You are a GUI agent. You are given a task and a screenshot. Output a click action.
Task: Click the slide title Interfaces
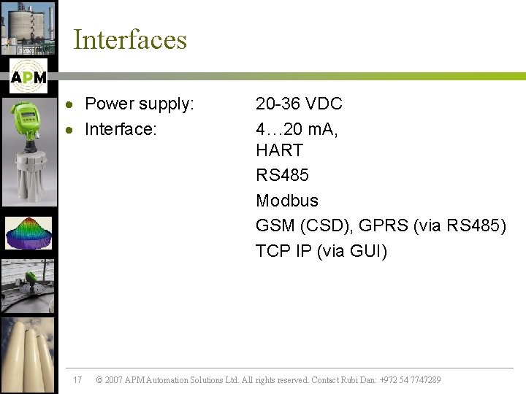click(130, 39)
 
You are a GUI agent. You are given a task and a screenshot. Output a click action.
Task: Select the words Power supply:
click(140, 104)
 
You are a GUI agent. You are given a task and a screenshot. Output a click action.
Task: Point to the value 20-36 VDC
click(299, 104)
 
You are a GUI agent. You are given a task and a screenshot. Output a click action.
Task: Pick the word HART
click(279, 151)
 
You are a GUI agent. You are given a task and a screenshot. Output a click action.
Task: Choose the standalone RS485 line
click(282, 176)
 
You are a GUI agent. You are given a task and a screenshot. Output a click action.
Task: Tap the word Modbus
click(287, 201)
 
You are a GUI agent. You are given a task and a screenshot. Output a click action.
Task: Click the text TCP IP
click(283, 251)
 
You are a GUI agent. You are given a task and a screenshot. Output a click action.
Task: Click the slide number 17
click(78, 380)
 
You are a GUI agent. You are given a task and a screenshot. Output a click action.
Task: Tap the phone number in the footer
click(410, 380)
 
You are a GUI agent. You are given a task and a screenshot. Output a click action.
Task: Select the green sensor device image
click(28, 152)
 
